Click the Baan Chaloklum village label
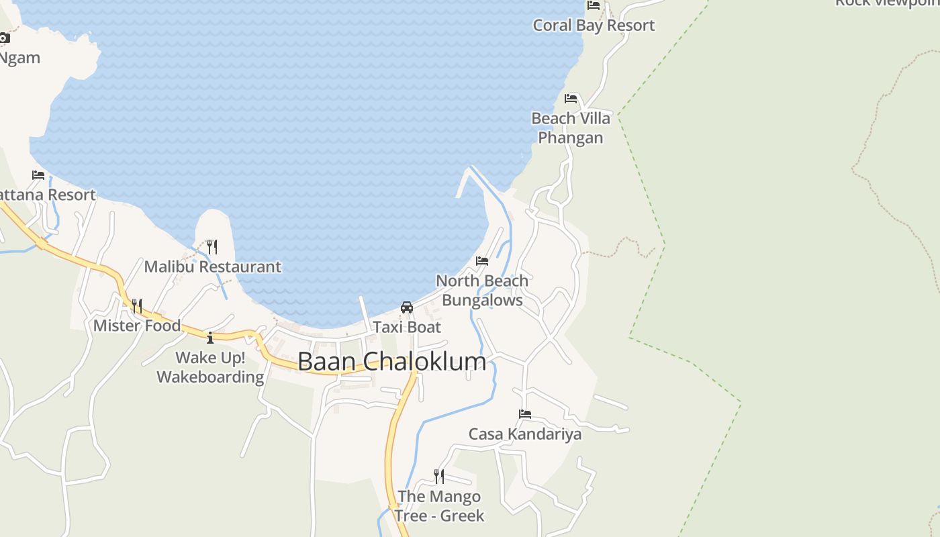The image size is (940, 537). [x=391, y=362]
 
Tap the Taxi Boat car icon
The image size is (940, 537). [x=406, y=307]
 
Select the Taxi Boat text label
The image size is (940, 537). [x=407, y=327]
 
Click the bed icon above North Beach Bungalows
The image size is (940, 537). [x=482, y=260]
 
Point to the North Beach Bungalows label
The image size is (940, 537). [x=482, y=290]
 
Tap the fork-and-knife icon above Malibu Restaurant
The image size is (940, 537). [x=212, y=246]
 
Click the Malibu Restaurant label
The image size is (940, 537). [x=213, y=266]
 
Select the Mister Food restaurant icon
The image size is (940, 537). [x=136, y=306]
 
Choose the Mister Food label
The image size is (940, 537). [x=137, y=326]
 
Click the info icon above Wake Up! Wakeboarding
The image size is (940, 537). [x=210, y=338]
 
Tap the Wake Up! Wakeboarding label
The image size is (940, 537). [x=210, y=367]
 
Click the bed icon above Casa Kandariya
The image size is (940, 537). [x=525, y=414]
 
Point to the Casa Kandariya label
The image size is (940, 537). [x=525, y=434]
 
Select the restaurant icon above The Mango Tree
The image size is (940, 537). [x=439, y=477]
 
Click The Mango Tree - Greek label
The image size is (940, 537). [x=439, y=505]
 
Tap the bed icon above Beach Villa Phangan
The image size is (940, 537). [x=571, y=99]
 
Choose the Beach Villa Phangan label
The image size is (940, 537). [x=571, y=128]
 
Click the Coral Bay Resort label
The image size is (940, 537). [x=594, y=26]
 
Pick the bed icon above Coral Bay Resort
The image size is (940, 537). [x=594, y=5]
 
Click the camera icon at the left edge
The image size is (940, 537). [x=4, y=38]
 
